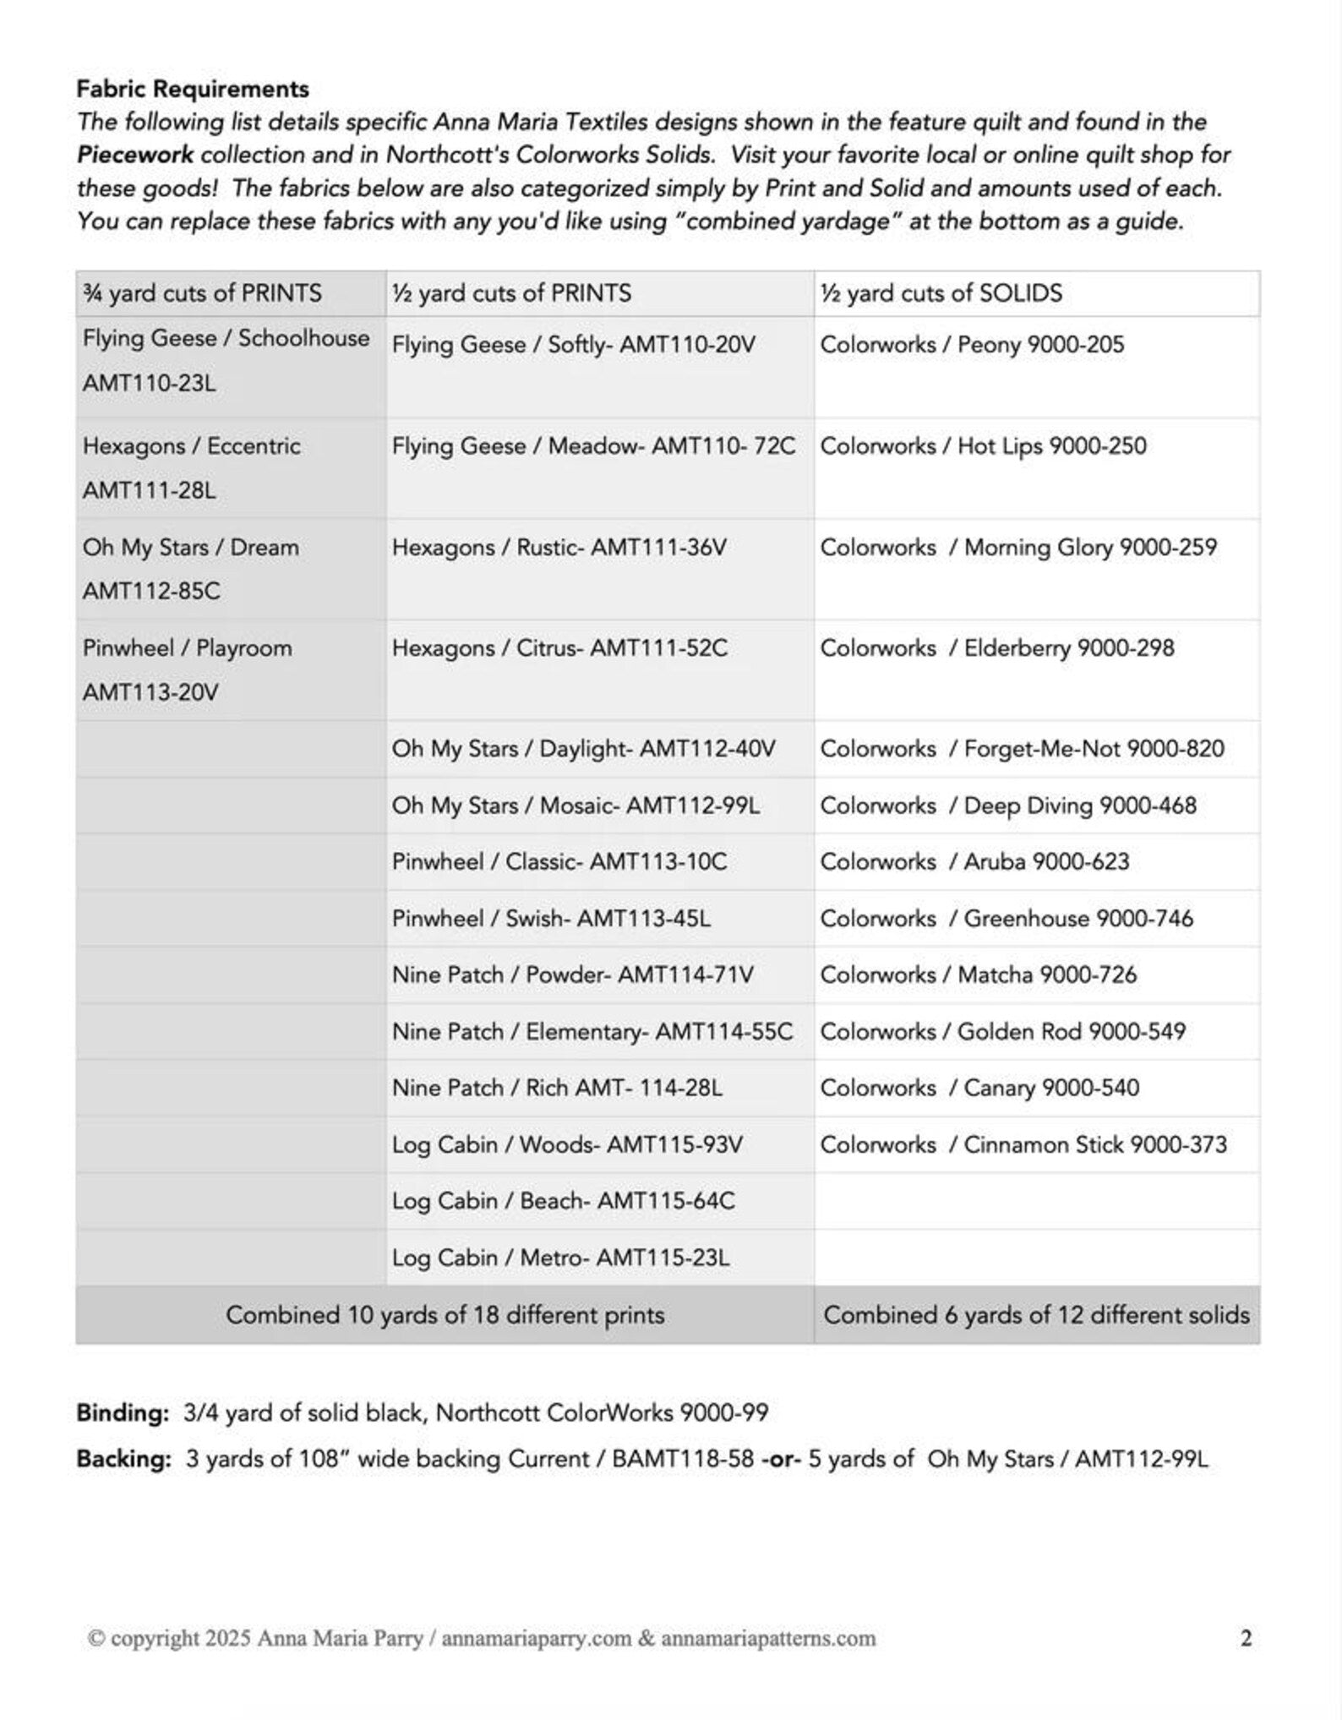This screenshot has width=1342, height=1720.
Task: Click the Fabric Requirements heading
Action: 193,89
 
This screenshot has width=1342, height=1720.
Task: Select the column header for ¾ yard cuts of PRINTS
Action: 202,293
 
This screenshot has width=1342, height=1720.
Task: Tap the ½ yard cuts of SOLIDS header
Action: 941,293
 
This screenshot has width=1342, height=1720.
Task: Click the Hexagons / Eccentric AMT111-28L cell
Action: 191,467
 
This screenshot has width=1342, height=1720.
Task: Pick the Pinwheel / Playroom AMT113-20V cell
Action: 187,669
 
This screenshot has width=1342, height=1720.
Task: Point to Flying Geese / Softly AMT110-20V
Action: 573,345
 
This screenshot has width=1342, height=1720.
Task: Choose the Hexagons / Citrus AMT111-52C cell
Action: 559,648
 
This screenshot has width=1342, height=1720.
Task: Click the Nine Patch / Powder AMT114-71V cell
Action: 572,975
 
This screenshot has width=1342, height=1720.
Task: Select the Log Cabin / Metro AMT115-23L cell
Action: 560,1258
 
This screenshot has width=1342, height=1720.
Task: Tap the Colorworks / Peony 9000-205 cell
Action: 972,345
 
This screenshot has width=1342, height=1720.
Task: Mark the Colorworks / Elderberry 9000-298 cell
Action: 997,648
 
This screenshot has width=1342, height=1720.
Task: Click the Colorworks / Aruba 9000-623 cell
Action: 974,861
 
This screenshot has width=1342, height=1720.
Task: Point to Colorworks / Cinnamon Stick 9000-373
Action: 1023,1144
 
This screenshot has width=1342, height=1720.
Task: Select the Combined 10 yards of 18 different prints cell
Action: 445,1315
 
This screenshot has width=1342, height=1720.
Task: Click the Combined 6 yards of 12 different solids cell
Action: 1036,1315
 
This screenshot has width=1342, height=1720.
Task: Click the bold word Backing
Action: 124,1460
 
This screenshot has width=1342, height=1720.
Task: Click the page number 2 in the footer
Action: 1246,1638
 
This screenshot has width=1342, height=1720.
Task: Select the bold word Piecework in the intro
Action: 135,156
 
